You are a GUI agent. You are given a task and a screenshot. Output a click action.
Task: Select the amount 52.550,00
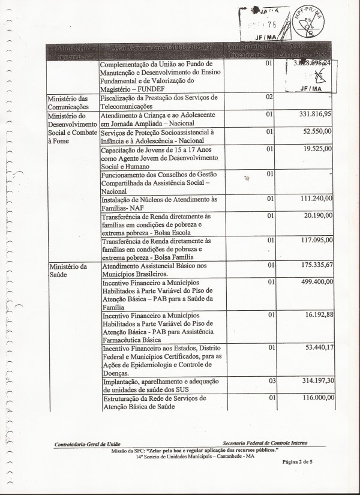[316, 131]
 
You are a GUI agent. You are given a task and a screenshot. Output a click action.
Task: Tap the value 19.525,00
[316, 148]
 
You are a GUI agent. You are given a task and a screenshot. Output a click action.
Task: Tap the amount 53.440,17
[316, 347]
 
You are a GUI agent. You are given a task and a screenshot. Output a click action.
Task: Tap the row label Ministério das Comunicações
[67, 101]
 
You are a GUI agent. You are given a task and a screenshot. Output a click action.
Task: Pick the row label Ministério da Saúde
[67, 269]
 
